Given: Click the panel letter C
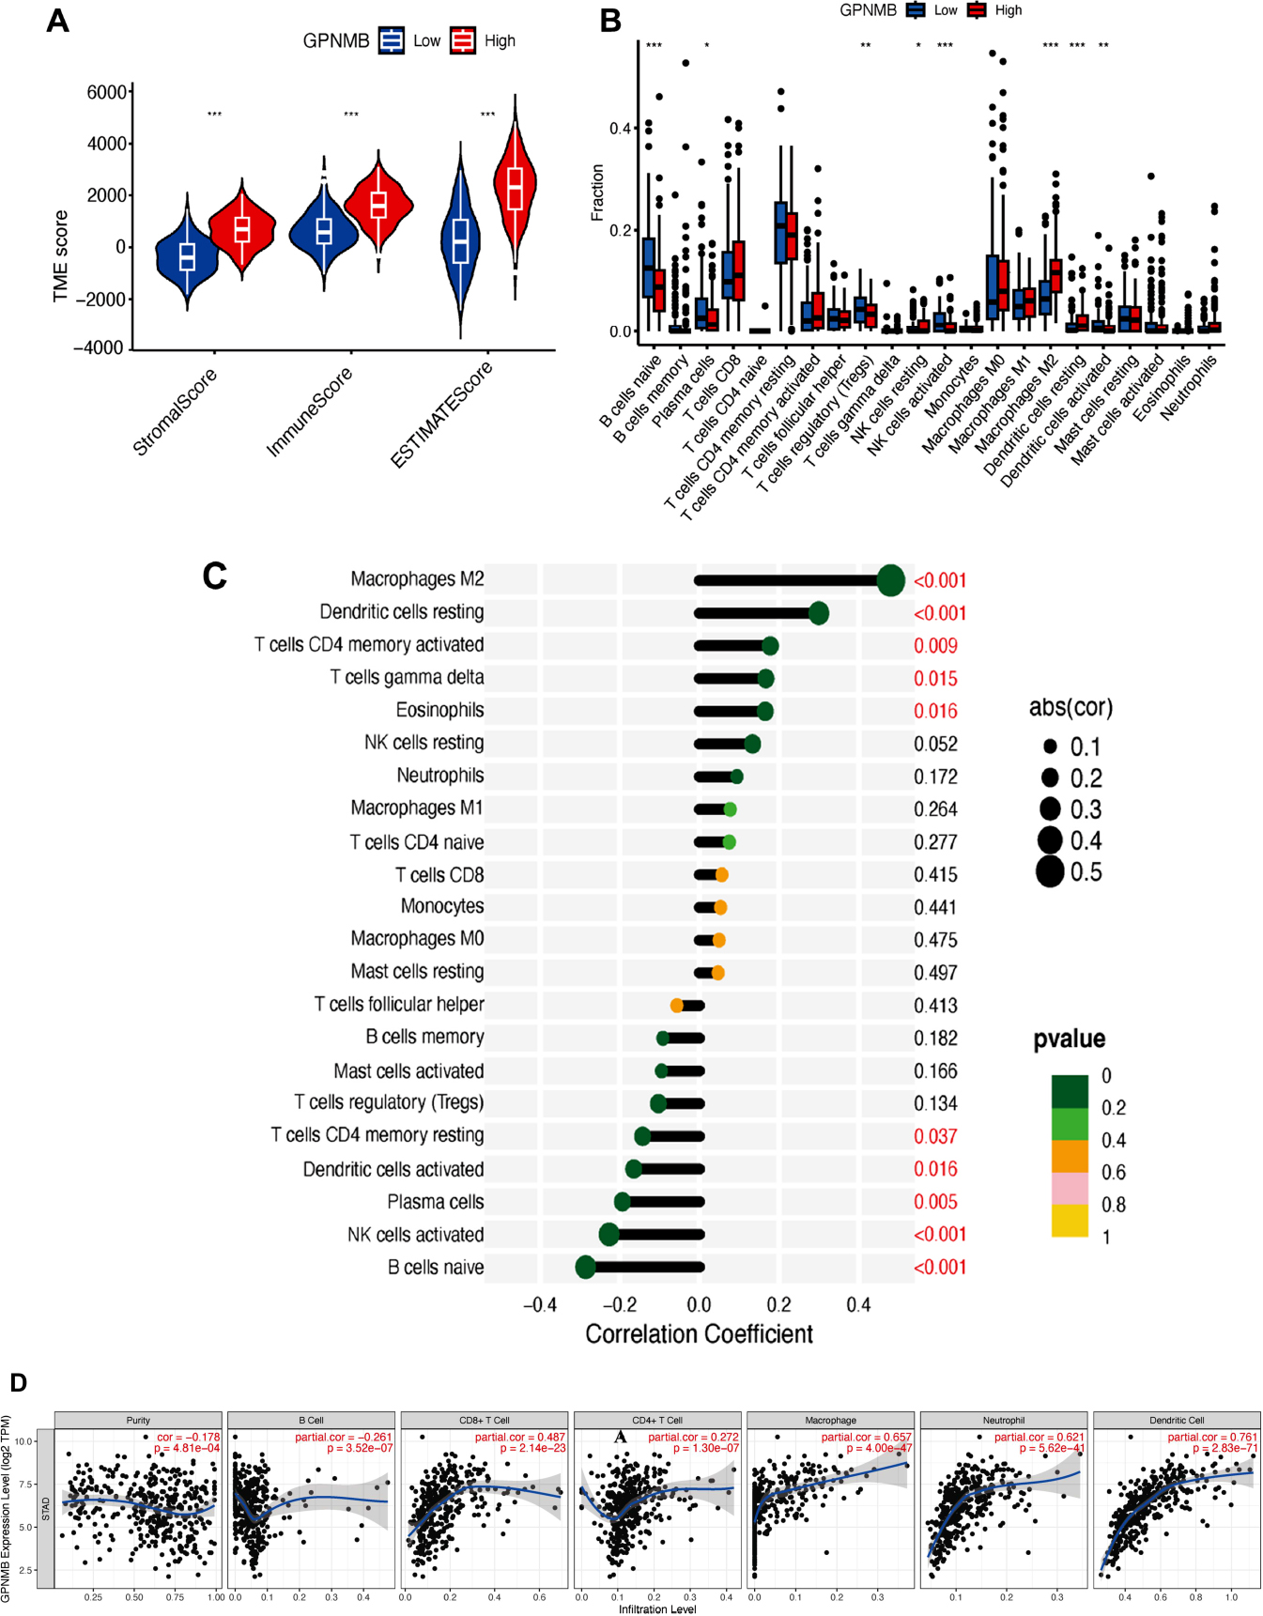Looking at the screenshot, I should [215, 576].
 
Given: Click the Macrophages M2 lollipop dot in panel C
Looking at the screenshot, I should [890, 580].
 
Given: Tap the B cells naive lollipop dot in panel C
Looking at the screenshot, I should [586, 1267].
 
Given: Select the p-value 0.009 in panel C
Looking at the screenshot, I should [935, 646].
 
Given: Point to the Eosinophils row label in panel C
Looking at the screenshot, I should [439, 710].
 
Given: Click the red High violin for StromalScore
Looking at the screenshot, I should [242, 228].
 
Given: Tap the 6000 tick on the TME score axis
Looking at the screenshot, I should [106, 92].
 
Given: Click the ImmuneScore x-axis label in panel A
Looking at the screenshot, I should [309, 411].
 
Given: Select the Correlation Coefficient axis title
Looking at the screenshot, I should [699, 1334].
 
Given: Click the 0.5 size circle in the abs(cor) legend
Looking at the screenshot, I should [1050, 872].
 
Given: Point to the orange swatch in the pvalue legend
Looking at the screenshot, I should [1070, 1156].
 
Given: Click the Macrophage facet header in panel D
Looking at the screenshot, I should [830, 1420].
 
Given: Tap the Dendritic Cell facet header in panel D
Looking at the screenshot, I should [1177, 1420].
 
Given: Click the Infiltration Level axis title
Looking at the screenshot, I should [657, 1609].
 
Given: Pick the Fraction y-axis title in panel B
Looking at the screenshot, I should [597, 192].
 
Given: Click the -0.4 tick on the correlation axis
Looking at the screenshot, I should [539, 1304].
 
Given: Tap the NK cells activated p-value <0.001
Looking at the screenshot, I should [939, 1235].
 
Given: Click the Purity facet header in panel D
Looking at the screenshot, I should [138, 1420].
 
